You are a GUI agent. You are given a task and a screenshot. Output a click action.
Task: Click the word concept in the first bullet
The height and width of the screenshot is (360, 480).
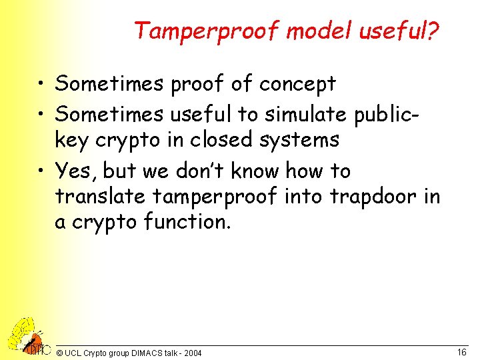[x=297, y=85]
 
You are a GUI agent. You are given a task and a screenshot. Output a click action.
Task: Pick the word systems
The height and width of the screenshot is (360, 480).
[x=303, y=140]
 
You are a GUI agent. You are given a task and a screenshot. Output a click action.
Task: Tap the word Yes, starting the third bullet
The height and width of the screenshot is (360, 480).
[x=77, y=171]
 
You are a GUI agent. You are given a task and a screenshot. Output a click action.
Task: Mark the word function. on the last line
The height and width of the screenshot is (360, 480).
[x=187, y=222]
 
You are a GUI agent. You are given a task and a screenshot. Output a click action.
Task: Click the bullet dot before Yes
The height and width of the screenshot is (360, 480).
[x=43, y=172]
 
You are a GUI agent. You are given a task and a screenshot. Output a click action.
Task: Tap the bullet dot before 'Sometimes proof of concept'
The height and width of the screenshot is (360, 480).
[x=43, y=85]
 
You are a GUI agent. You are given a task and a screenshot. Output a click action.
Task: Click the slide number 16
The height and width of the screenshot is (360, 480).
[x=461, y=351]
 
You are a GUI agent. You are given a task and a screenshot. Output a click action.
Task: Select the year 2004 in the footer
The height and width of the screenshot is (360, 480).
[x=191, y=353]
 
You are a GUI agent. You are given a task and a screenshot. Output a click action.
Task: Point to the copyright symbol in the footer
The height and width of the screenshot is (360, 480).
[x=60, y=353]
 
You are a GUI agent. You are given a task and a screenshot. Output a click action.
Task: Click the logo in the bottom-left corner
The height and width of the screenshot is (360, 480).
[x=27, y=337]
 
